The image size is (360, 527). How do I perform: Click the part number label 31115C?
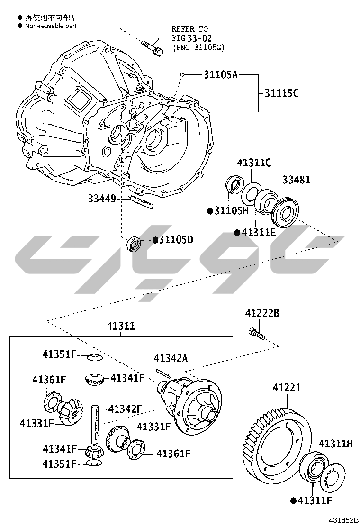click(x=281, y=93)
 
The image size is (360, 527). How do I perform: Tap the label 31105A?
click(x=221, y=74)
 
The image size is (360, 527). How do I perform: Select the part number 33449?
click(x=102, y=199)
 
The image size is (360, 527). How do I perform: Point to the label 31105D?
click(x=176, y=240)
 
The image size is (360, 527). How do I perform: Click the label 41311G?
click(x=254, y=163)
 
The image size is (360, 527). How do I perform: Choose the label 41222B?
click(x=262, y=313)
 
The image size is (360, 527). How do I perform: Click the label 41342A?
click(x=171, y=358)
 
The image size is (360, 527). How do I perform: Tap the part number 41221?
click(x=287, y=388)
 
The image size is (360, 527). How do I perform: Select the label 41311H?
click(x=335, y=444)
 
